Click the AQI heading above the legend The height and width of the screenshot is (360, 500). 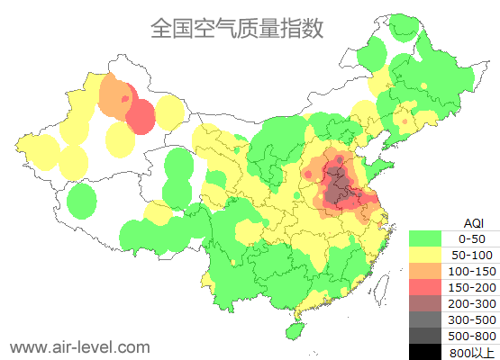[x=473, y=222]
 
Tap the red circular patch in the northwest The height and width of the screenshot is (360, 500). [x=141, y=116]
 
